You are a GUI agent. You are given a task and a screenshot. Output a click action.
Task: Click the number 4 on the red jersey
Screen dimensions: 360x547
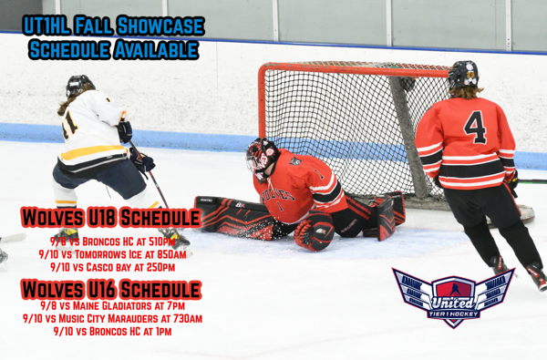click(x=475, y=127)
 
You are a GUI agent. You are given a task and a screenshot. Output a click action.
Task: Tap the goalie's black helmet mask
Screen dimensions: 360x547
click(x=262, y=157)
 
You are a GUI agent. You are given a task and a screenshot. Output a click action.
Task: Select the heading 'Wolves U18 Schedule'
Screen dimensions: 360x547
click(x=110, y=218)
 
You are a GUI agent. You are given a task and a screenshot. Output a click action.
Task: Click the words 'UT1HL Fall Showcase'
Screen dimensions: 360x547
click(x=113, y=25)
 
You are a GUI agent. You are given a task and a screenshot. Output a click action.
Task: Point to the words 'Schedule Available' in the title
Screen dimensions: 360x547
click(x=113, y=49)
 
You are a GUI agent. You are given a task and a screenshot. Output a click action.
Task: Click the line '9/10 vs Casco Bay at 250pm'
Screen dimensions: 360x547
click(x=112, y=266)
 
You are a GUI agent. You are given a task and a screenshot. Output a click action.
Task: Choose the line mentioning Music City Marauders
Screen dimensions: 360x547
click(x=112, y=318)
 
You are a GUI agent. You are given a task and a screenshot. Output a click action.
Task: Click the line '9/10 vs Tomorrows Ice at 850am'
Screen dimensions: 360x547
click(x=112, y=253)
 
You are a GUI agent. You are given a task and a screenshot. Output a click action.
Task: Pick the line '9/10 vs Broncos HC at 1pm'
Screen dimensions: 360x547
click(x=112, y=331)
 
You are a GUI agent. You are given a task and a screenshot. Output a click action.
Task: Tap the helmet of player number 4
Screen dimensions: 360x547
click(x=463, y=74)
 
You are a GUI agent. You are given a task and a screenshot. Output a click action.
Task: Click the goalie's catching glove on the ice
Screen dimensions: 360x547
click(x=315, y=234)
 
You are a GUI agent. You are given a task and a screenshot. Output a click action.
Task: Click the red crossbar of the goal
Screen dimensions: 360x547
click(x=356, y=69)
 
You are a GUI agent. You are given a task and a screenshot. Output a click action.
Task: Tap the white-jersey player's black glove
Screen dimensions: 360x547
click(x=141, y=161)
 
